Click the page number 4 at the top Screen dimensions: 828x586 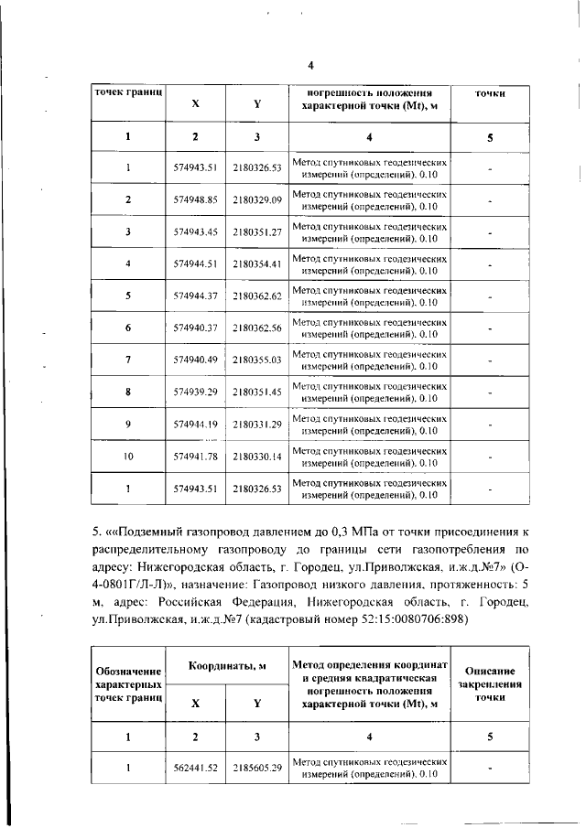[x=310, y=65]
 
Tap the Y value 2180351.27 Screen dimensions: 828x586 [x=256, y=231]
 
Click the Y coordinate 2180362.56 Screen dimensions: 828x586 [x=256, y=328]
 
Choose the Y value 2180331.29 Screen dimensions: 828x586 [x=256, y=425]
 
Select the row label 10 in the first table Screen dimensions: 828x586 [x=128, y=457]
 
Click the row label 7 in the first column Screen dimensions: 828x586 [x=128, y=360]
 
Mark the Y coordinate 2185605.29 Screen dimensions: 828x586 [x=256, y=768]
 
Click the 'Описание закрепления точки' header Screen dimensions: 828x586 [x=490, y=683]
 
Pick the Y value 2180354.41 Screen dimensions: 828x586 [x=256, y=263]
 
